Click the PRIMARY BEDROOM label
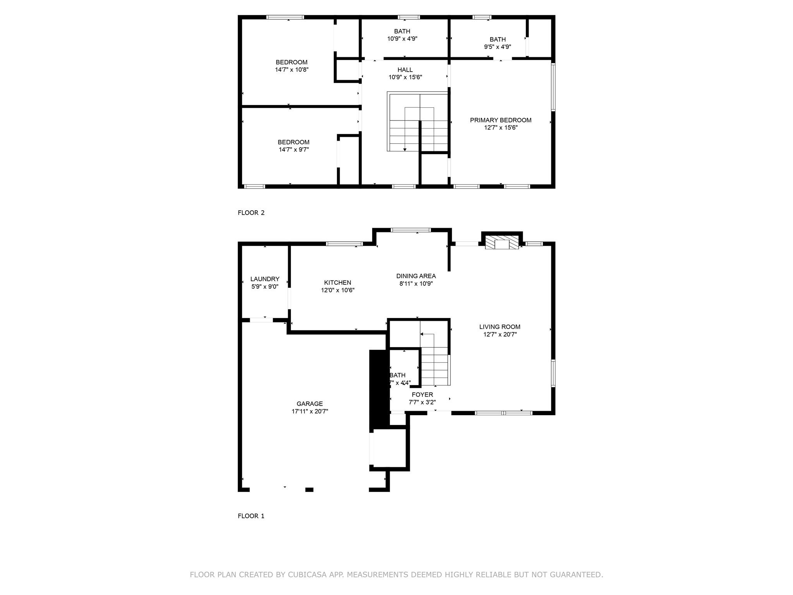coord(500,120)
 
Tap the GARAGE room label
coord(309,404)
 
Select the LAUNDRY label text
coord(264,279)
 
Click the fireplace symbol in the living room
coord(502,244)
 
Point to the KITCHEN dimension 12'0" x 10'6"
coord(338,290)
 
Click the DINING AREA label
coord(416,276)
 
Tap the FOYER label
coord(422,394)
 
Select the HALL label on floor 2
coord(405,70)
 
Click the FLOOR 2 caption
coord(251,213)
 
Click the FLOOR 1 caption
coord(251,516)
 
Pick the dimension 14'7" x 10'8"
coord(292,70)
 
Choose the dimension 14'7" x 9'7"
coord(294,150)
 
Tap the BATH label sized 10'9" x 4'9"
coord(402,31)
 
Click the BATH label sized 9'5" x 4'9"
coord(497,40)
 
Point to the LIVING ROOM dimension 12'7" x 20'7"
coord(500,334)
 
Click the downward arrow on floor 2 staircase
coord(405,149)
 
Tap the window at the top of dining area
coord(410,230)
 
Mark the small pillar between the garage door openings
coord(309,490)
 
